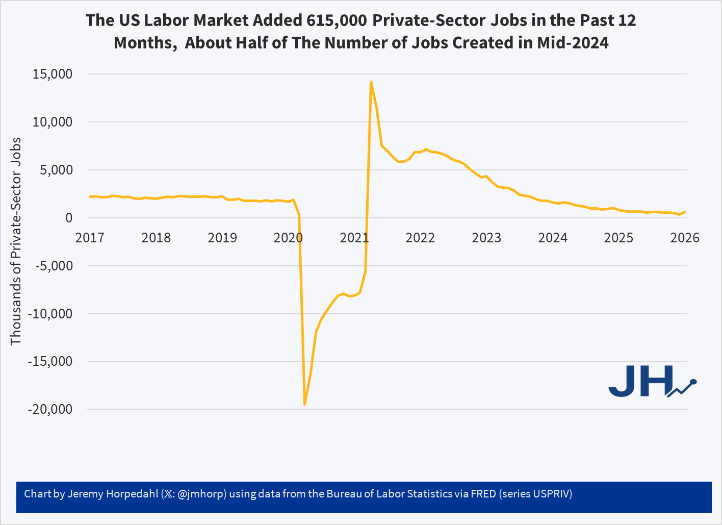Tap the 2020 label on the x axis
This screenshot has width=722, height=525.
click(288, 238)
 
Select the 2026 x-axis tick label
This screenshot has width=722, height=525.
click(684, 238)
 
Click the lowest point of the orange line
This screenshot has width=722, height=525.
click(304, 404)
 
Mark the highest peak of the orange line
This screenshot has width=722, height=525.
click(371, 82)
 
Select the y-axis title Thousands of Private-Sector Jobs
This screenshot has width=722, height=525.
click(16, 241)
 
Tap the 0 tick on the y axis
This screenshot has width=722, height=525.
click(68, 218)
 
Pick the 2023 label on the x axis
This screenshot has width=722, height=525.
click(486, 238)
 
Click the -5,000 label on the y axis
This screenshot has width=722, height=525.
click(54, 266)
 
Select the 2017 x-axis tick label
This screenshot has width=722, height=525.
click(90, 238)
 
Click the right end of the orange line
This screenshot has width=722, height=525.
click(684, 212)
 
